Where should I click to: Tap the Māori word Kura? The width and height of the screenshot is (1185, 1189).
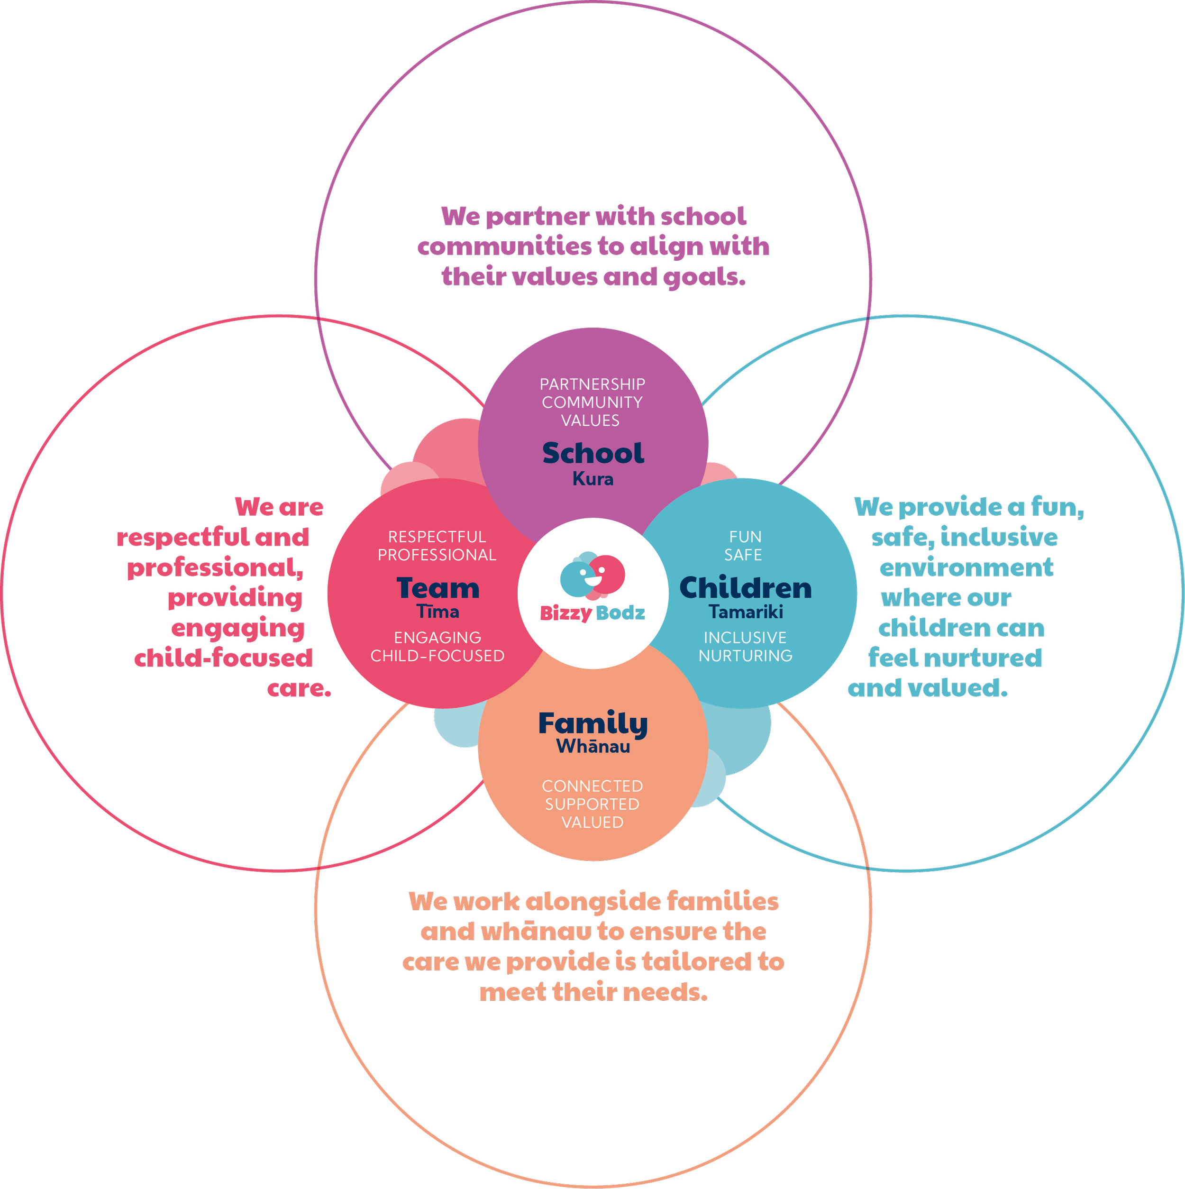coord(592,479)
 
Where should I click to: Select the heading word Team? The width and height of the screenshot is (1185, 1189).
coord(438,588)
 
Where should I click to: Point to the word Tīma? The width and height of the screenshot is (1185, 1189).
coord(438,612)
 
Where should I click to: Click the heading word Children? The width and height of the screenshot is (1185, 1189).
coord(745,588)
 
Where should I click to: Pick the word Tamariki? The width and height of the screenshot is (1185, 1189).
coord(745,612)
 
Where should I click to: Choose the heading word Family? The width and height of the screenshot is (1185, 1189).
coord(592,724)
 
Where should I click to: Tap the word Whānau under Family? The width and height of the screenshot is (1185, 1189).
coord(592,747)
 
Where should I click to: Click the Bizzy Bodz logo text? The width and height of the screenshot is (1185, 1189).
coord(592,613)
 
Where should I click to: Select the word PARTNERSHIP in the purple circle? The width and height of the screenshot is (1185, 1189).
coord(592,384)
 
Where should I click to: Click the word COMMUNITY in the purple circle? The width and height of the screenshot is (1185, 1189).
coord(592,402)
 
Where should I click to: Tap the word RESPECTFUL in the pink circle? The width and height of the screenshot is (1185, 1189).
coord(437,537)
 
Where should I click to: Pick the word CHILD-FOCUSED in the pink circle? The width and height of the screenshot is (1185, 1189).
coord(437,656)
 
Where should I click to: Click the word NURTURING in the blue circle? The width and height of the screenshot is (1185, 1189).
coord(745,656)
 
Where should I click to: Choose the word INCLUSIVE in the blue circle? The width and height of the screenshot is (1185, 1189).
coord(745,638)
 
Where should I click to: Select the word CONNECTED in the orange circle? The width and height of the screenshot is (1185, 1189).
coord(592,787)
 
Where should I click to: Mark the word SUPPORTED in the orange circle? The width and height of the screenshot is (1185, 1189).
coord(592,805)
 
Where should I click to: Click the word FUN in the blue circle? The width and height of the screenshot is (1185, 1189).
coord(745,537)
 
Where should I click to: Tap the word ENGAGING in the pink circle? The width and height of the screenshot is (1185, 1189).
coord(437,638)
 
